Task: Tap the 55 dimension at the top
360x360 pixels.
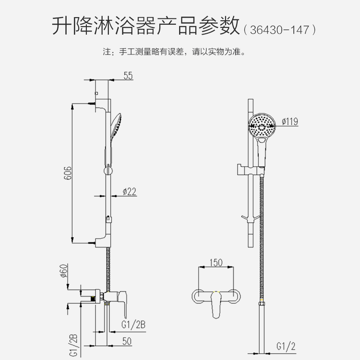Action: point(129,76)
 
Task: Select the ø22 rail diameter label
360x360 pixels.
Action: point(129,192)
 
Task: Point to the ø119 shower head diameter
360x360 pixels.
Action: point(290,121)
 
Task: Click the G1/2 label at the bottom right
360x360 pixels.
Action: point(285,346)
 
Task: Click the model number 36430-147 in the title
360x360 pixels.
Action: point(280,30)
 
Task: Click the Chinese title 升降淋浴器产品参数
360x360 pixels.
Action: point(145,26)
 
